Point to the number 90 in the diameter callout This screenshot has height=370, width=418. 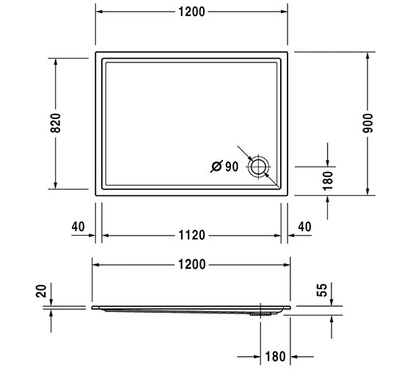click(232, 167)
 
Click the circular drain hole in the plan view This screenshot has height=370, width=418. click(259, 167)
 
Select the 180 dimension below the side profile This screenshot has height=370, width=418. click(275, 358)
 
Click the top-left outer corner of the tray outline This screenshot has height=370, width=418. click(96, 52)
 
